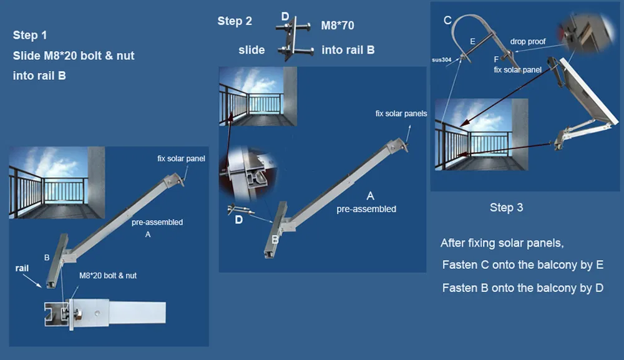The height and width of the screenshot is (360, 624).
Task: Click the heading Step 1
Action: coord(30,35)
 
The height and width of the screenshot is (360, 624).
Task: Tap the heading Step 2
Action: coord(235,21)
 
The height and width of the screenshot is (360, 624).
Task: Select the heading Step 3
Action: coord(506,207)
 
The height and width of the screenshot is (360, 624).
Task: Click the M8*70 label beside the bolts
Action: coord(338,26)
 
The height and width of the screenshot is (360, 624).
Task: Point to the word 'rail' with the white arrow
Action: coord(22,268)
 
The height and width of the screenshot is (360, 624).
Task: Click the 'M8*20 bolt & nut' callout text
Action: coord(108,275)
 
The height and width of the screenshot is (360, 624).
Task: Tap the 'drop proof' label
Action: coord(528,41)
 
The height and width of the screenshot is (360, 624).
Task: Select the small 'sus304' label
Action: coord(441,60)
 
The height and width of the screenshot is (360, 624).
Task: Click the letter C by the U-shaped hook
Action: coord(447,21)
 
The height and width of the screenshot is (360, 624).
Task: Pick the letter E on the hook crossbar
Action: coord(472,41)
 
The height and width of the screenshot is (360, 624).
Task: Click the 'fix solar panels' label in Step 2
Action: coord(401,114)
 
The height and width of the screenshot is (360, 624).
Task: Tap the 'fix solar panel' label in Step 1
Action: coord(181,158)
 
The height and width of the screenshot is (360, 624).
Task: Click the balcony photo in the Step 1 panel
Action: coord(57,183)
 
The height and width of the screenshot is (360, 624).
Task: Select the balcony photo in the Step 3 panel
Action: coord(482,134)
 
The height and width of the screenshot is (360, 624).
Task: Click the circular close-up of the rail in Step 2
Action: coord(248,173)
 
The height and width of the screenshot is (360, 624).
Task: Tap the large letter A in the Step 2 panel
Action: coord(370,196)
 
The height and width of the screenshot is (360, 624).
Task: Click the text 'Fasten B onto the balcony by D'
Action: coord(522,288)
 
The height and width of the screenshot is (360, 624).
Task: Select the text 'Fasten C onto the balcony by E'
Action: coord(522,265)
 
